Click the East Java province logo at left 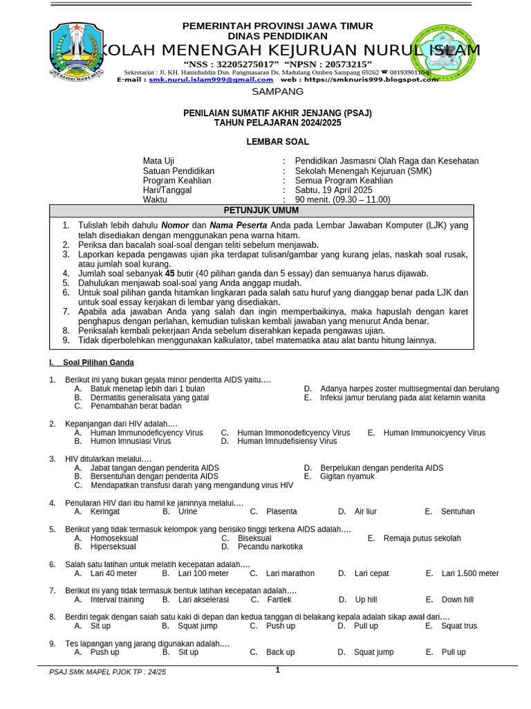[x=75, y=53]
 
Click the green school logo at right [x=442, y=55]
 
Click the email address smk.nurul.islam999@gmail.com [x=211, y=80]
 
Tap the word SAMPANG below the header [x=277, y=91]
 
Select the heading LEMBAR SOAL [x=278, y=142]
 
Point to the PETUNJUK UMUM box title [x=261, y=210]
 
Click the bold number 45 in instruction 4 [x=169, y=273]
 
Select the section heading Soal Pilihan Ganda [x=98, y=363]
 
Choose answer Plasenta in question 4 [x=281, y=512]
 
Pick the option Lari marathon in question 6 [x=290, y=573]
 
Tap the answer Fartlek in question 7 [x=279, y=600]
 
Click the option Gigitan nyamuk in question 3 [x=347, y=476]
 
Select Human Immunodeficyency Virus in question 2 [x=147, y=433]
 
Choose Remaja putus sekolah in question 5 [x=422, y=538]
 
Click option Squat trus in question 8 [x=459, y=626]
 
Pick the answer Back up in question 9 [x=280, y=652]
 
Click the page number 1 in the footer [x=277, y=670]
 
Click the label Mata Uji [x=158, y=161]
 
